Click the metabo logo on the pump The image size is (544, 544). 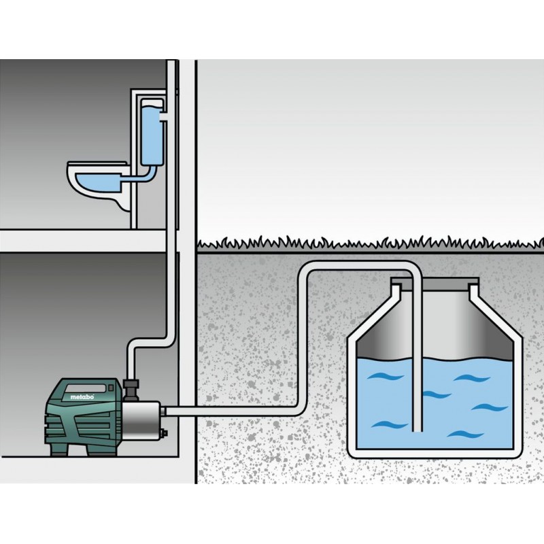click(82, 397)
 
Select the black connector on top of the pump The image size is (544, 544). click(131, 390)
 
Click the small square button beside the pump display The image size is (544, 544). click(111, 388)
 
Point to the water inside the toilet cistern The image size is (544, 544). click(152, 135)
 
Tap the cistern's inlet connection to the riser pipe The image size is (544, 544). click(165, 116)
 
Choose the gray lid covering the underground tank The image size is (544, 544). click(435, 282)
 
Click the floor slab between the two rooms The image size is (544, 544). click(83, 241)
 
